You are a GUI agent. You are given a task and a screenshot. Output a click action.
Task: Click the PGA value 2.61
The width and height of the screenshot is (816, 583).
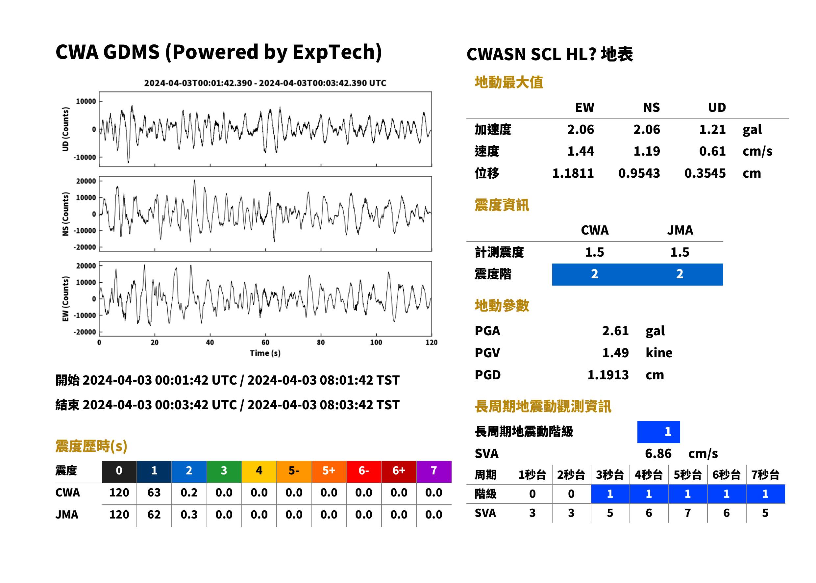pos(615,331)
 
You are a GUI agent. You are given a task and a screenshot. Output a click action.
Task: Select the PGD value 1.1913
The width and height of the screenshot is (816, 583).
pos(608,375)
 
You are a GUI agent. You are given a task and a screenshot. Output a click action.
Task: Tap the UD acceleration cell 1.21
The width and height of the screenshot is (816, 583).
pos(712,130)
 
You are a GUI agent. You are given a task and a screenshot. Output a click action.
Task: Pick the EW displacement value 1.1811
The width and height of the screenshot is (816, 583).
pos(573,173)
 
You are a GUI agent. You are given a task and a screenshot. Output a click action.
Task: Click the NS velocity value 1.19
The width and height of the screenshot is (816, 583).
pos(647,151)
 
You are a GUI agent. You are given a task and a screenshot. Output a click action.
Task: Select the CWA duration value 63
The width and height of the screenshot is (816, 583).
pos(154,493)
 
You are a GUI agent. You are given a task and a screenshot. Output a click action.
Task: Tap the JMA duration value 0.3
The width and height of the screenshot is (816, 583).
pos(189,515)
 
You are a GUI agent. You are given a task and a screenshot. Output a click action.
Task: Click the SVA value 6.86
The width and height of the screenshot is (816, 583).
pos(658,454)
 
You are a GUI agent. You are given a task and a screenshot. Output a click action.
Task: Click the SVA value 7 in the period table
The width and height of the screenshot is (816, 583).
pos(687,513)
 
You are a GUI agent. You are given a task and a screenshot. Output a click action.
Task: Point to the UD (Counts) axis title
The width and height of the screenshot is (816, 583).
pos(65,129)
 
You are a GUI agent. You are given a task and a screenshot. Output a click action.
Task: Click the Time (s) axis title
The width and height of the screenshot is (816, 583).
pos(265,353)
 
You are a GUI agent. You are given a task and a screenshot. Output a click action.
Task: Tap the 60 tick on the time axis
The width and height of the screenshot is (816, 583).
pos(265,342)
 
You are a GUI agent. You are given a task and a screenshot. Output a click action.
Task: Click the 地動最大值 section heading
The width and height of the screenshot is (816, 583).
pos(509,83)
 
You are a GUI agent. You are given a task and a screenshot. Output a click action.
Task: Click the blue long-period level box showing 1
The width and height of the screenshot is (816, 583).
pos(658,432)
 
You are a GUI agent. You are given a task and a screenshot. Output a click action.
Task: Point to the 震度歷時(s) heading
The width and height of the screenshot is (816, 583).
pos(91,446)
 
